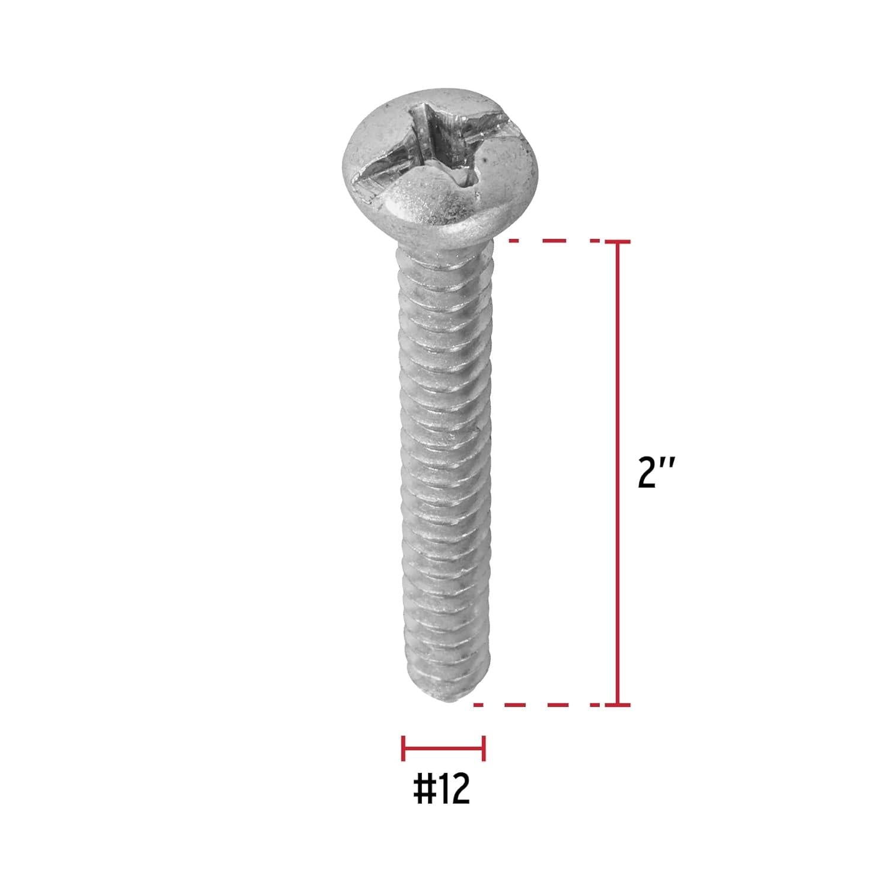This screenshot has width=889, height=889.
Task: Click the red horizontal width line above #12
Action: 443,748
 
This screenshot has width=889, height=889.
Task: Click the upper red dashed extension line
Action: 554,241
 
